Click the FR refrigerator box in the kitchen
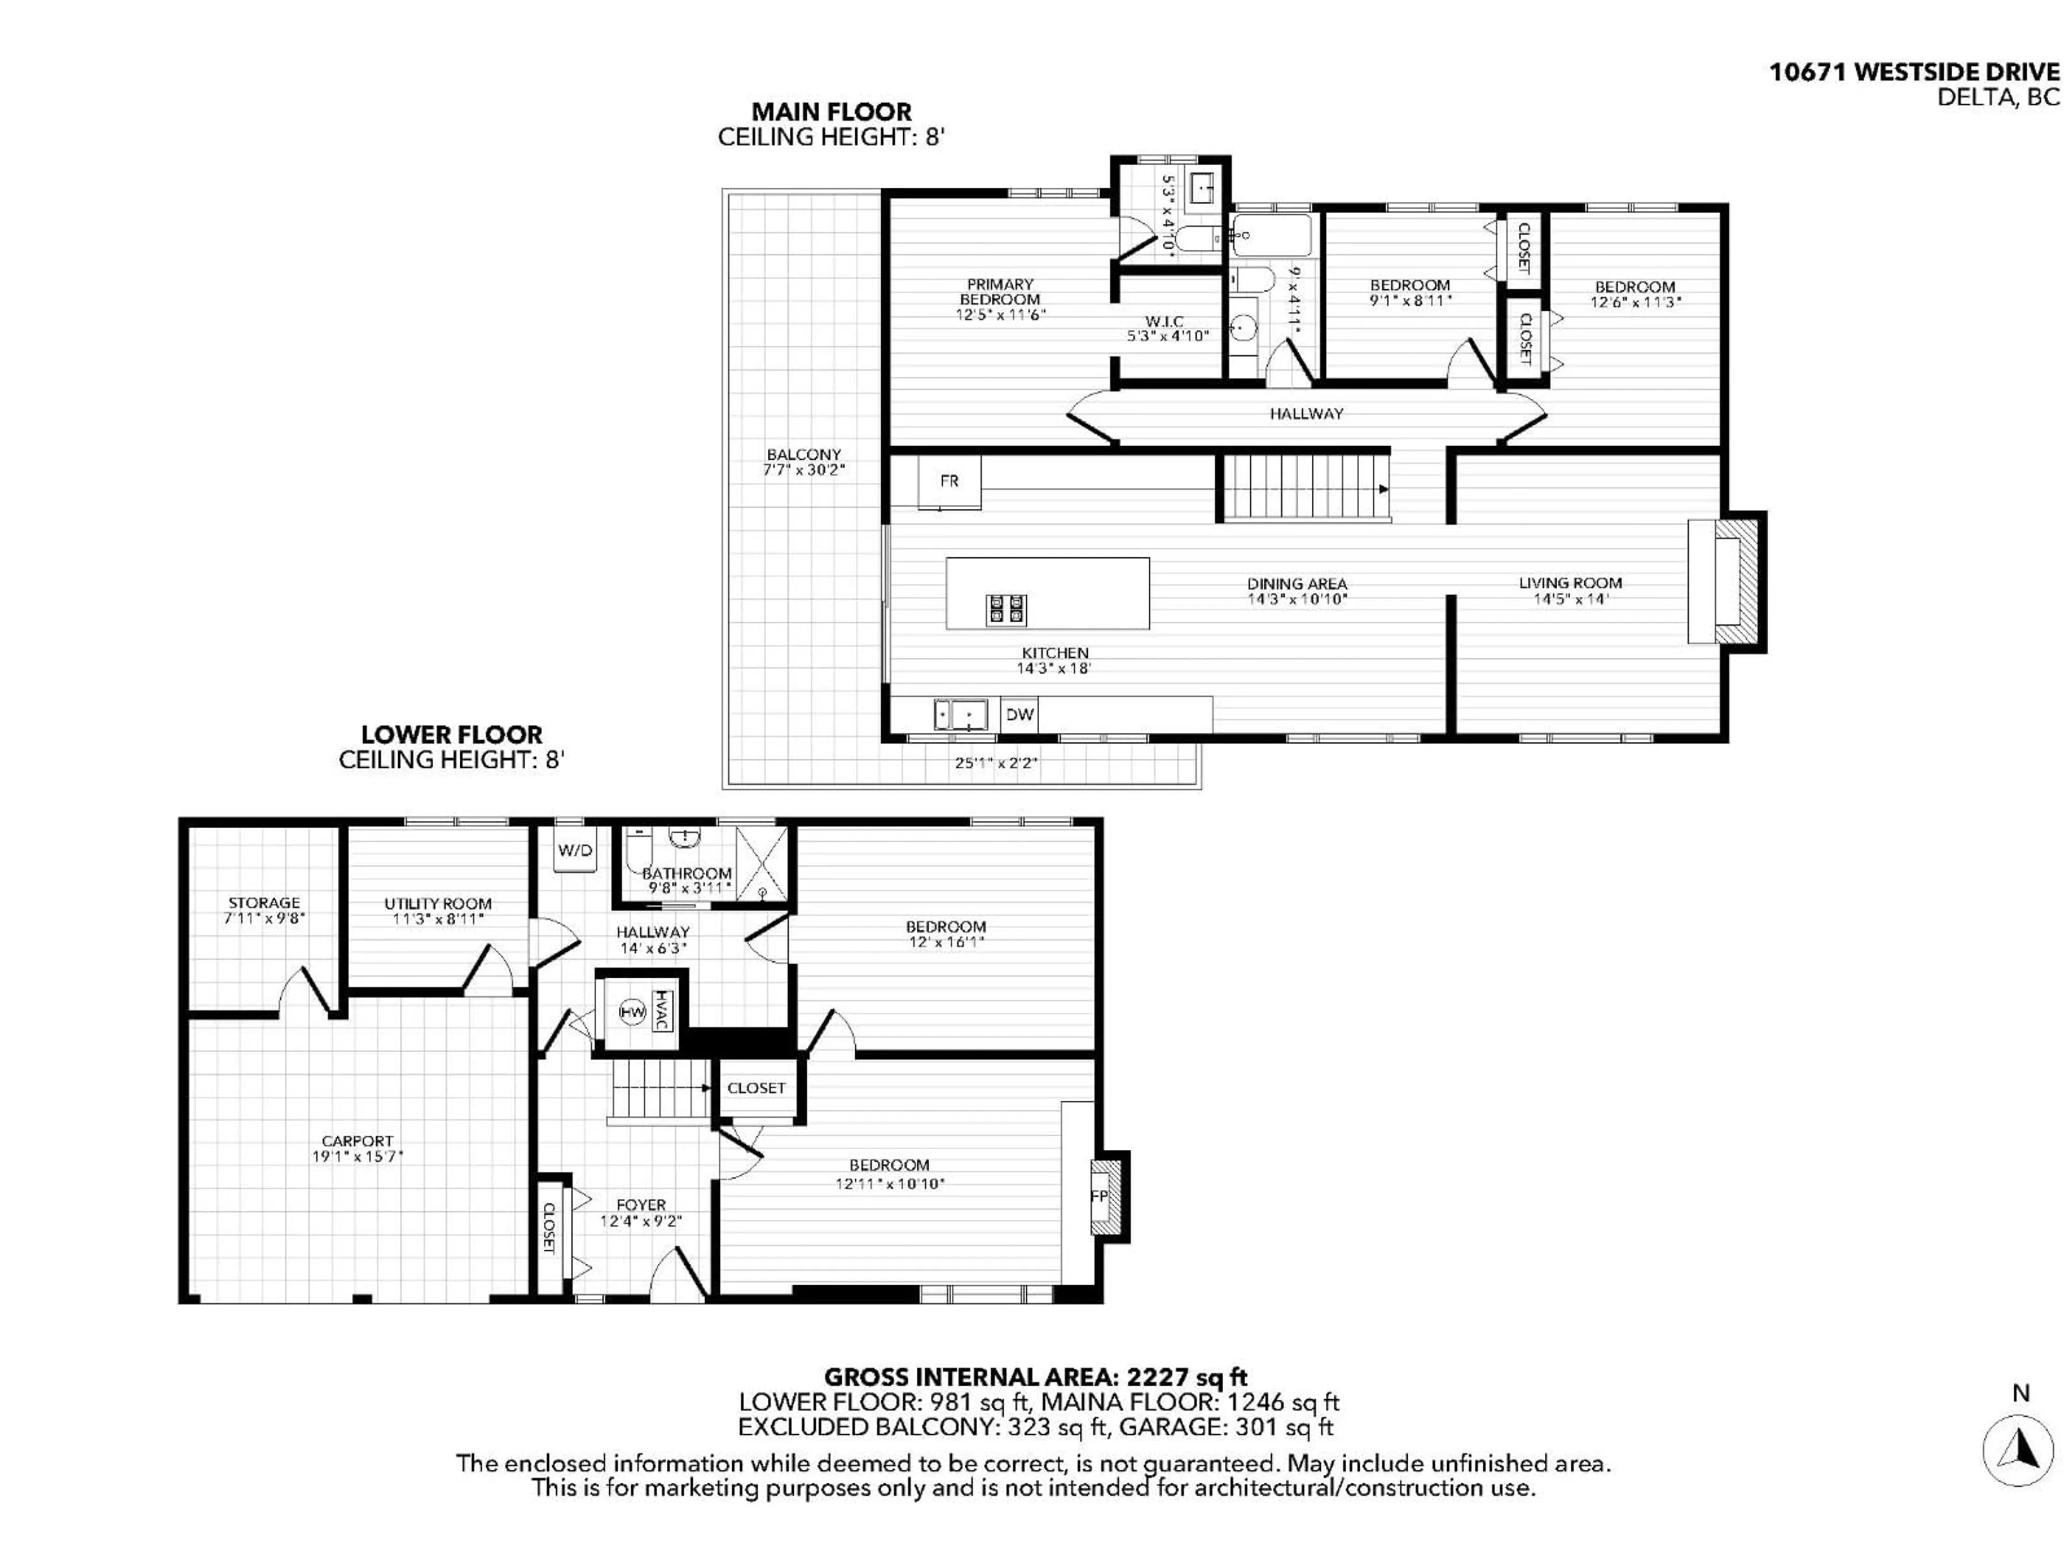pyautogui.click(x=949, y=481)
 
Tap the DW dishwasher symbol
pyautogui.click(x=1019, y=715)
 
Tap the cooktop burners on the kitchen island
pyautogui.click(x=1006, y=610)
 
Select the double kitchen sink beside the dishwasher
pyautogui.click(x=960, y=715)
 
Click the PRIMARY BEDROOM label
pyautogui.click(x=999, y=291)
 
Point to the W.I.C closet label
pyautogui.click(x=1164, y=321)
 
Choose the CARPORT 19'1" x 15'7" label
pyautogui.click(x=357, y=1148)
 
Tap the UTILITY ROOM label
pyautogui.click(x=438, y=904)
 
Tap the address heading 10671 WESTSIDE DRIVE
pyautogui.click(x=1914, y=72)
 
